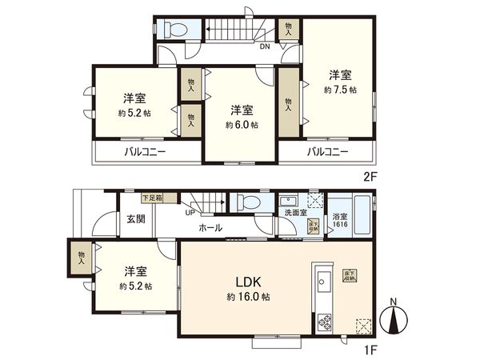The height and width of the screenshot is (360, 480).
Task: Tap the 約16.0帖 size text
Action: (248, 295)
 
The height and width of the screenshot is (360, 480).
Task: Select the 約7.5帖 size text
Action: (341, 90)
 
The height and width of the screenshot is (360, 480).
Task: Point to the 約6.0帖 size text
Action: (241, 125)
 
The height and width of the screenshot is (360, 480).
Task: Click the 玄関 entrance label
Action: (135, 219)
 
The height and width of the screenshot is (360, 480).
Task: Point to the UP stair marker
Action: (190, 212)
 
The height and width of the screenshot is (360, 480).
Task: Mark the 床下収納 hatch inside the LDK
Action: (350, 276)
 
